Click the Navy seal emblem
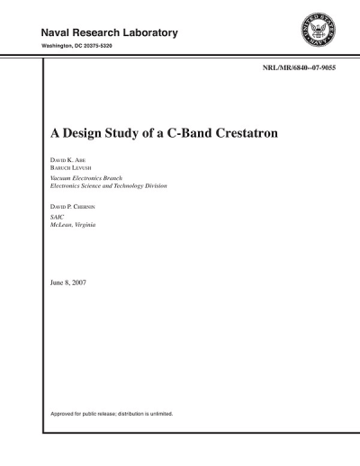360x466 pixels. [x=317, y=33]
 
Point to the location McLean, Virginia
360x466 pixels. [x=73, y=225]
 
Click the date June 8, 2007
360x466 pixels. [x=68, y=283]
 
